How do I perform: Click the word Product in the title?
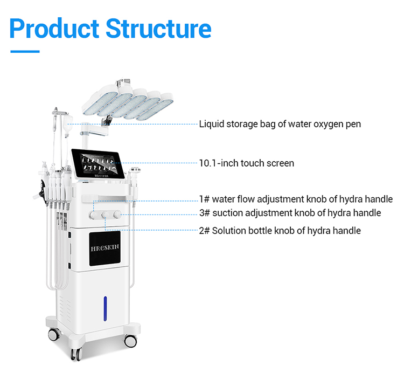(54, 28)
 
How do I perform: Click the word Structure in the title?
(158, 28)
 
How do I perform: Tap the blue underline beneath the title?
(25, 52)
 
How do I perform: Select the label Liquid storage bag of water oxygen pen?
(280, 124)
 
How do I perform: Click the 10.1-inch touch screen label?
(246, 163)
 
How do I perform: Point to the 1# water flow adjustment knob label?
(296, 199)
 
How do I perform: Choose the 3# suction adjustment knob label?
(290, 213)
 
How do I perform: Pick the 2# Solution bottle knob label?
(280, 231)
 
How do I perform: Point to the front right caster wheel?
(131, 341)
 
